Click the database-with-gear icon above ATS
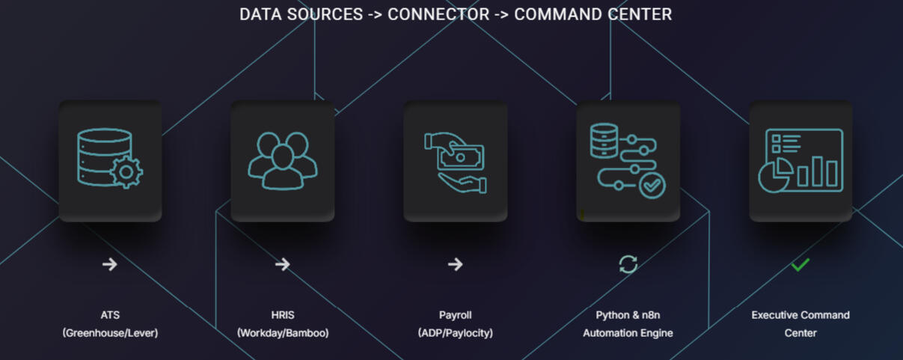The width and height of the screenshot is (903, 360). tap(109, 159)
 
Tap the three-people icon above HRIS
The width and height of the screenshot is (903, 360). tap(282, 159)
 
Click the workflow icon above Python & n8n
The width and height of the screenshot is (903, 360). tap(627, 160)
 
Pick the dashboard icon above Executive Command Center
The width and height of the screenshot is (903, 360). tap(801, 160)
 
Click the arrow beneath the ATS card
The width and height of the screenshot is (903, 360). tap(110, 264)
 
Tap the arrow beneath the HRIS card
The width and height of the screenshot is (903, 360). tap(282, 264)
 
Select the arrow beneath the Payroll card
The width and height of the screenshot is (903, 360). tap(455, 264)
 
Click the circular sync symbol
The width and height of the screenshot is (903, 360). tap(628, 264)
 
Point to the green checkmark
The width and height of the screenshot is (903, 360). tap(801, 265)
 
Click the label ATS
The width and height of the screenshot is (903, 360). tap(110, 315)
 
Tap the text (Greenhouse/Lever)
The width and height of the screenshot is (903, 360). tap(110, 333)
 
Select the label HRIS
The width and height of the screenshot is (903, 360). tap(283, 315)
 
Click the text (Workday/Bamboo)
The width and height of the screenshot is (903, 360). tap(283, 333)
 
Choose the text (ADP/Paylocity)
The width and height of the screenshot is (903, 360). tap(455, 333)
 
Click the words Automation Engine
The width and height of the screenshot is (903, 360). tap(628, 333)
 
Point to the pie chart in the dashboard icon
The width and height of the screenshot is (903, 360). tap(775, 175)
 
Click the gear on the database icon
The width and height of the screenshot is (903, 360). tap(126, 172)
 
